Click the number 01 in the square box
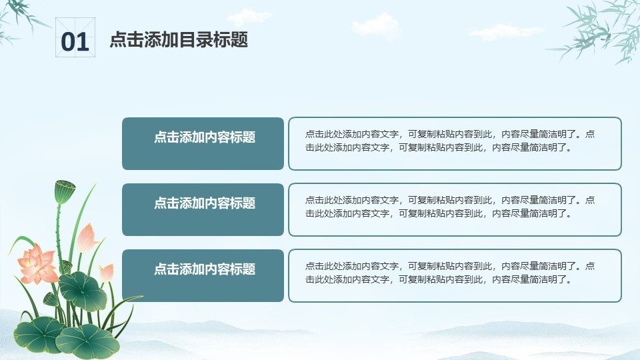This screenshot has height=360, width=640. pyautogui.click(x=75, y=42)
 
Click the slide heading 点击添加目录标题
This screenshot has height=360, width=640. pyautogui.click(x=179, y=40)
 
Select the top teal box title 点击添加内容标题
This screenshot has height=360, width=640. pyautogui.click(x=205, y=137)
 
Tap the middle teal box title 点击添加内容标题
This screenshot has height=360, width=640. pyautogui.click(x=205, y=203)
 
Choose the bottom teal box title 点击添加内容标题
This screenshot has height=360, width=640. pyautogui.click(x=205, y=269)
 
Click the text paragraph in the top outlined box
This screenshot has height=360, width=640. pyautogui.click(x=450, y=141)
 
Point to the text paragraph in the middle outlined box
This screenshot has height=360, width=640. pyautogui.click(x=450, y=207)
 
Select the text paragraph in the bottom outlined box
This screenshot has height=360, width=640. pyautogui.click(x=450, y=273)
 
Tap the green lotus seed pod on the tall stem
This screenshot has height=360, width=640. pyautogui.click(x=65, y=191)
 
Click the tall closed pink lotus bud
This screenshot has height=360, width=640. pyautogui.click(x=87, y=239)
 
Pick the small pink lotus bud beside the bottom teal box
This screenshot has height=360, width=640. pyautogui.click(x=107, y=273)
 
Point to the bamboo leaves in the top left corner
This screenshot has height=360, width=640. pyautogui.click(x=19, y=19)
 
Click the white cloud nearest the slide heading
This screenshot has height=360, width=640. pyautogui.click(x=249, y=17)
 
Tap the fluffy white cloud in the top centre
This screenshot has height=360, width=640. pyautogui.click(x=375, y=25)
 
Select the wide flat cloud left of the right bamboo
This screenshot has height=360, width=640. pyautogui.click(x=506, y=32)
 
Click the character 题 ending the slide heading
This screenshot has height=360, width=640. pyautogui.click(x=239, y=40)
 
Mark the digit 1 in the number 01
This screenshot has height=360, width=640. pyautogui.click(x=83, y=42)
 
